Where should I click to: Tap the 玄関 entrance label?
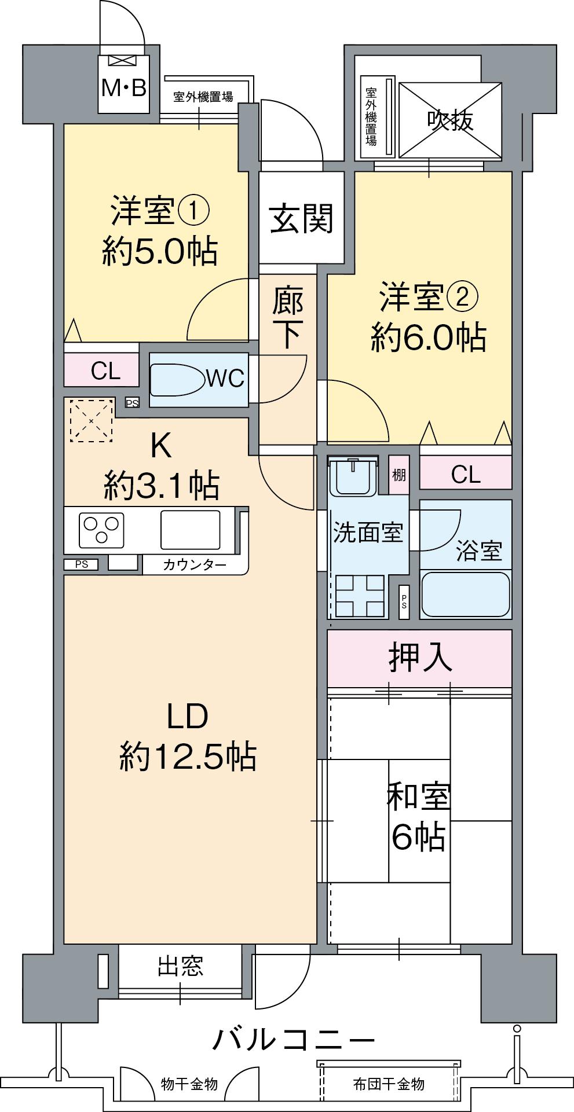point(302,218)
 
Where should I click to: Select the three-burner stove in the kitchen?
point(102,530)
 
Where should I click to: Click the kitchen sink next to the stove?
point(190,529)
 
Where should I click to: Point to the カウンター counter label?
point(195,565)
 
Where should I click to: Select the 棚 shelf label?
point(398,475)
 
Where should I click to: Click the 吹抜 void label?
point(451,120)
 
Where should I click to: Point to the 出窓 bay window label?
point(181,966)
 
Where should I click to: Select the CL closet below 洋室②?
point(466,475)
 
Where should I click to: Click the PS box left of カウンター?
point(81,564)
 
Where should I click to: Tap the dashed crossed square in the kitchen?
point(91,420)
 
